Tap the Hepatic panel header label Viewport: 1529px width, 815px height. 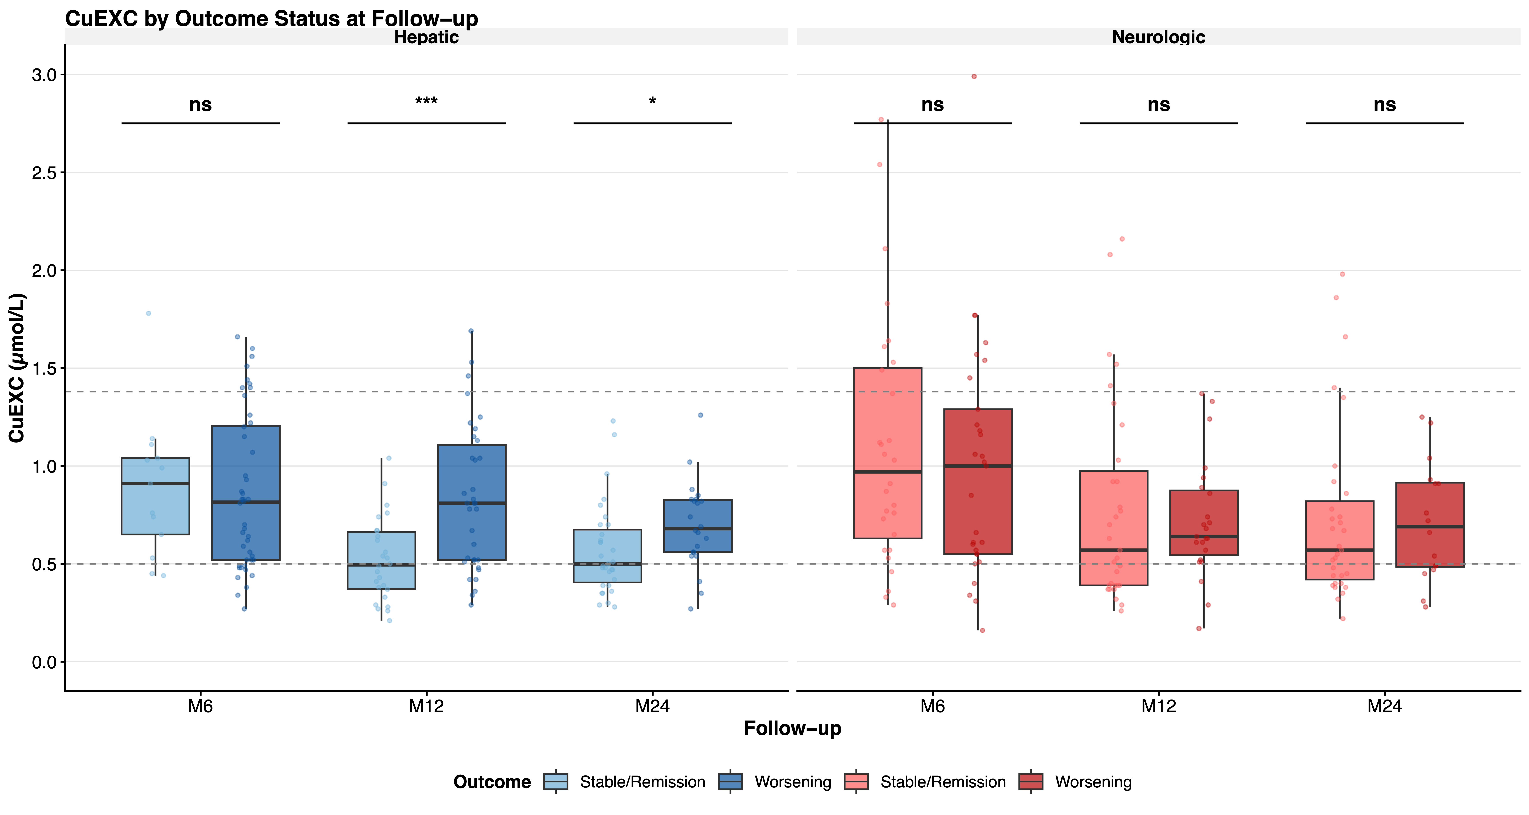[426, 37]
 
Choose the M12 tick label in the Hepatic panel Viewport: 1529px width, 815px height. [426, 706]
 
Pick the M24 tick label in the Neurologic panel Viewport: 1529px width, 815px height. [1384, 706]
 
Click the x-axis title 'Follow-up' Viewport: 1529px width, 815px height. [792, 728]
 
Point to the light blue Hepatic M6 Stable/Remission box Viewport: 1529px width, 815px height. [155, 496]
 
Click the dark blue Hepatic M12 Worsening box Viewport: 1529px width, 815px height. [472, 502]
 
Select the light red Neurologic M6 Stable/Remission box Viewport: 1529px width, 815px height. [887, 453]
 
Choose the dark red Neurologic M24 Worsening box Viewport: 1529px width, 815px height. [1430, 525]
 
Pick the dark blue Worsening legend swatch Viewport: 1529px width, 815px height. [730, 782]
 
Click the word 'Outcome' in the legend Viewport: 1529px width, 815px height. [492, 782]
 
